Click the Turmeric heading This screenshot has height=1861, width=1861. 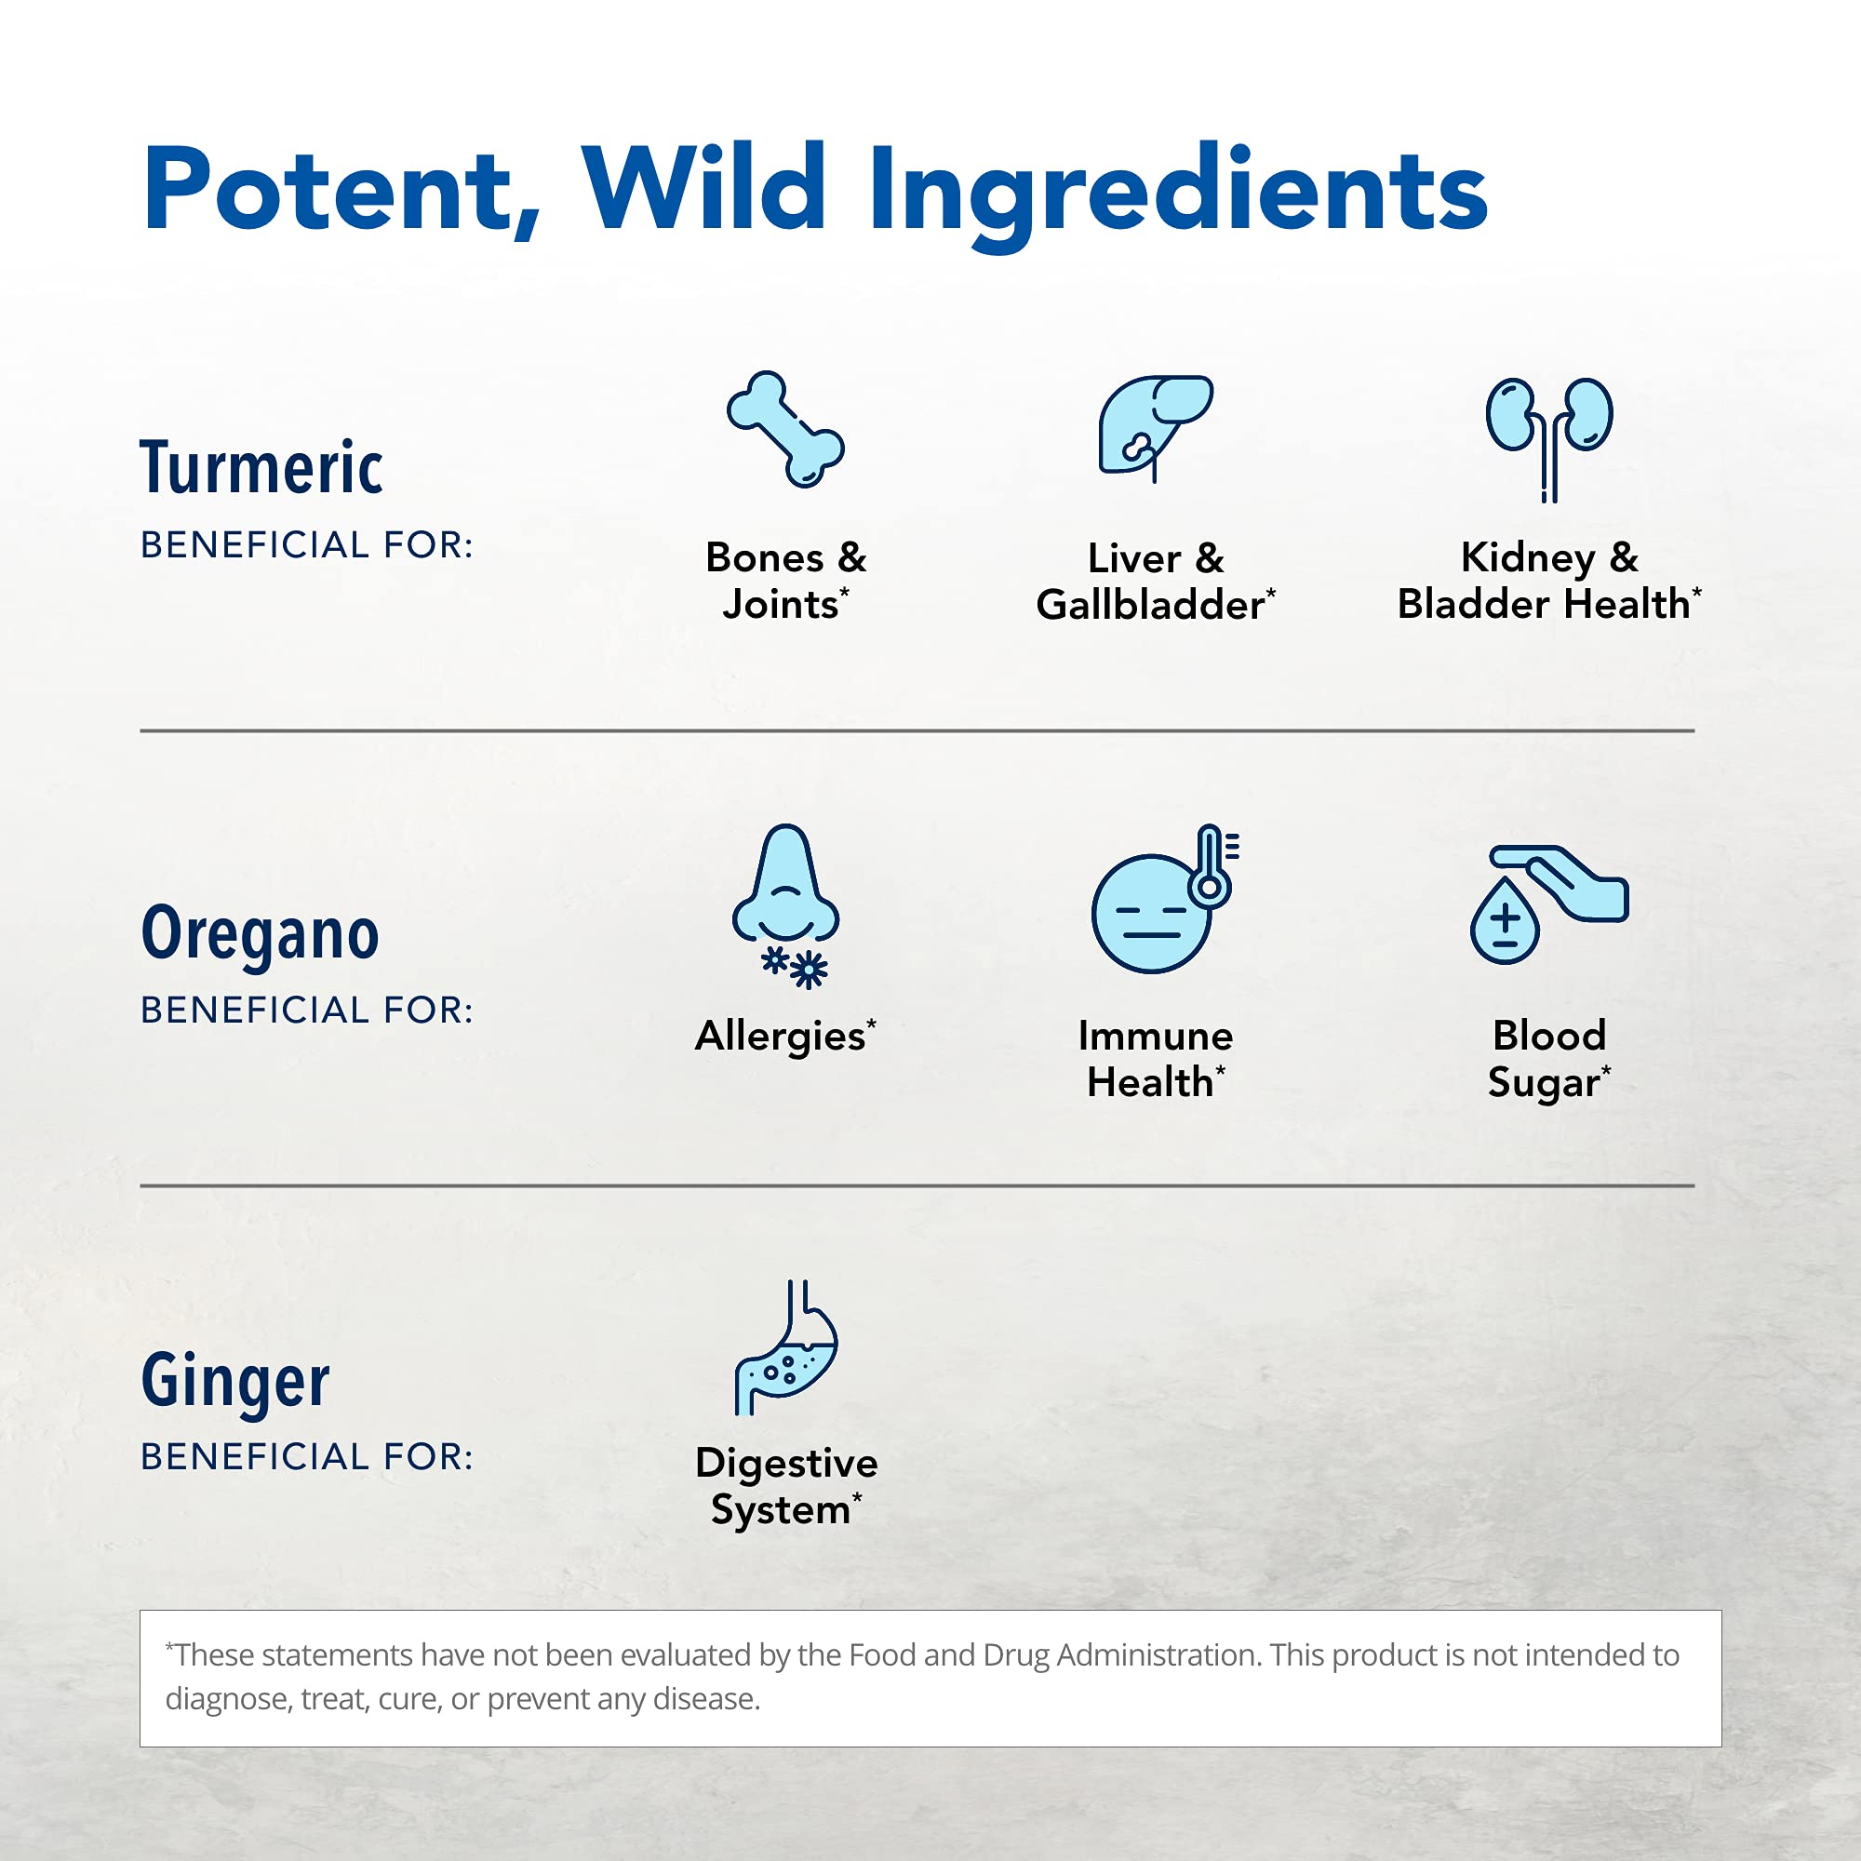(261, 467)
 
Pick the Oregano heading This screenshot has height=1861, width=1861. (261, 932)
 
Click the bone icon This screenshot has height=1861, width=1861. (785, 429)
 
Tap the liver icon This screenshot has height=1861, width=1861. (1155, 428)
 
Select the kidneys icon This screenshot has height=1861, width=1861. (1549, 439)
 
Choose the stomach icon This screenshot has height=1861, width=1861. (786, 1347)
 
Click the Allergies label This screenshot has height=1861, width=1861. (785, 1037)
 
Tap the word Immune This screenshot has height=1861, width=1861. (1155, 1036)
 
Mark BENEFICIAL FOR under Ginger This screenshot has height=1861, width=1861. (307, 1456)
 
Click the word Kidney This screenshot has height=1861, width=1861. (1528, 557)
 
